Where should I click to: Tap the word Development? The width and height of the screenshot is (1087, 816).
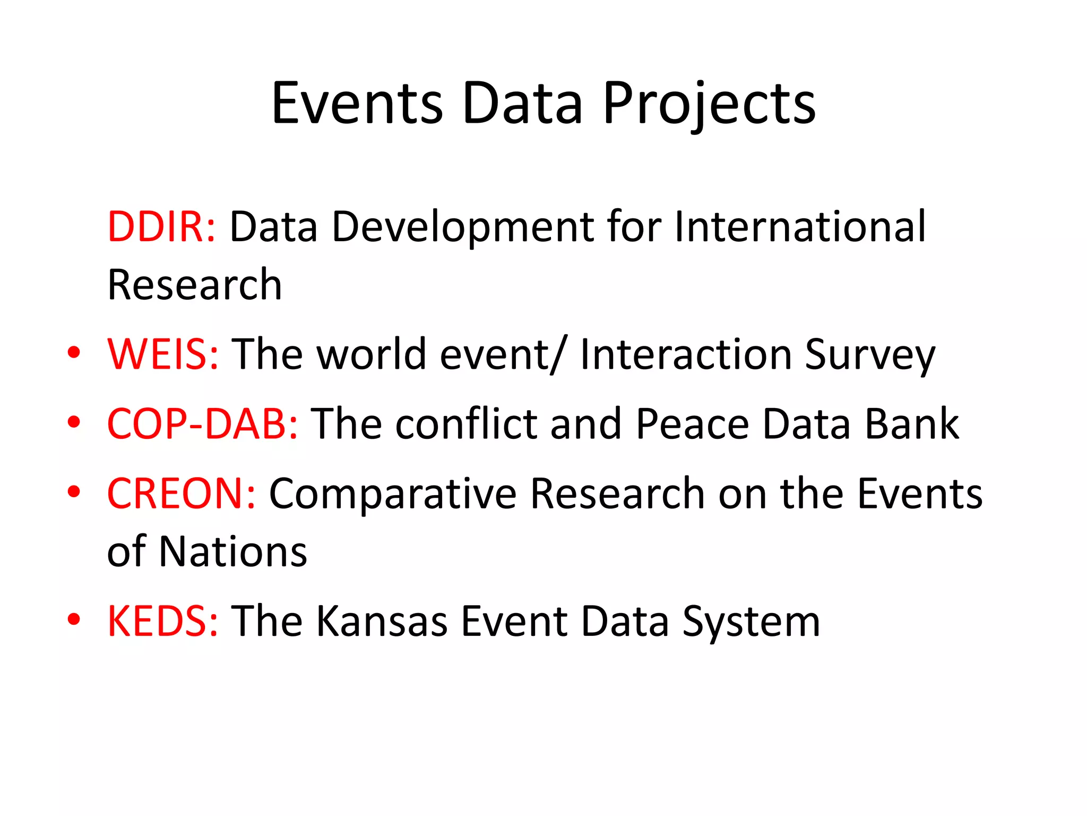pyautogui.click(x=462, y=228)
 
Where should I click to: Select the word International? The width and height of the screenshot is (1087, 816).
pyautogui.click(x=800, y=227)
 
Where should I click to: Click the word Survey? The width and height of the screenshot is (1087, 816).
pyautogui.click(x=870, y=355)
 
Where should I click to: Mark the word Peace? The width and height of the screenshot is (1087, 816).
pyautogui.click(x=693, y=424)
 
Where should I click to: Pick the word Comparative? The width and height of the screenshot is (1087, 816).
pyautogui.click(x=393, y=495)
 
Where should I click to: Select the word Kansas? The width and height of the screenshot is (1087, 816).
pyautogui.click(x=383, y=621)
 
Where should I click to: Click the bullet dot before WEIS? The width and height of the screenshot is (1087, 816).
pyautogui.click(x=74, y=352)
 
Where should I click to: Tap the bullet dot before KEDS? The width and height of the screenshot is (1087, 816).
pyautogui.click(x=74, y=619)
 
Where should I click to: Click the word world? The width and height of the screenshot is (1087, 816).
pyautogui.click(x=372, y=354)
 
